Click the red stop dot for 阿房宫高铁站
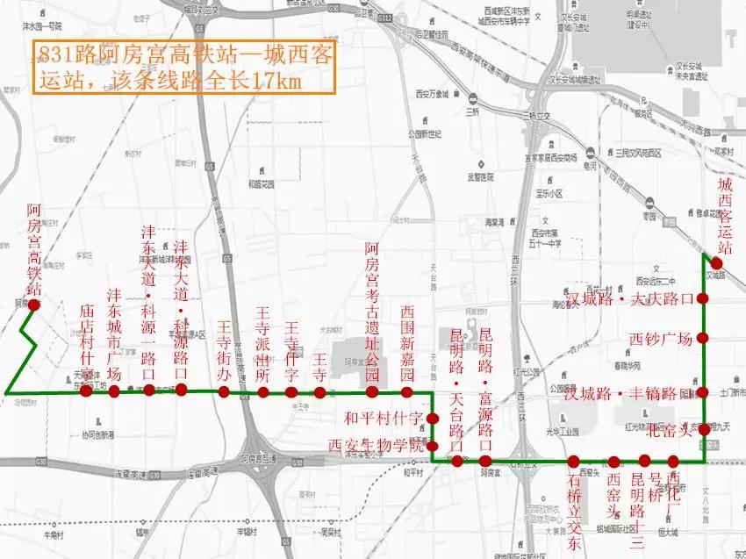coord(33,305)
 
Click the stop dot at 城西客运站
coord(717,263)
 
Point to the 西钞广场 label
coord(661,340)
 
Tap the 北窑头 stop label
coord(668,430)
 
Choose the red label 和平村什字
coord(384,418)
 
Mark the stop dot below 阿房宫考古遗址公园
coord(372,391)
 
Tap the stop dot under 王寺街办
coord(225,391)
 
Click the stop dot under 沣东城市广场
coord(113,391)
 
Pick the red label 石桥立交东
coord(575,509)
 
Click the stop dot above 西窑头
coord(613,462)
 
